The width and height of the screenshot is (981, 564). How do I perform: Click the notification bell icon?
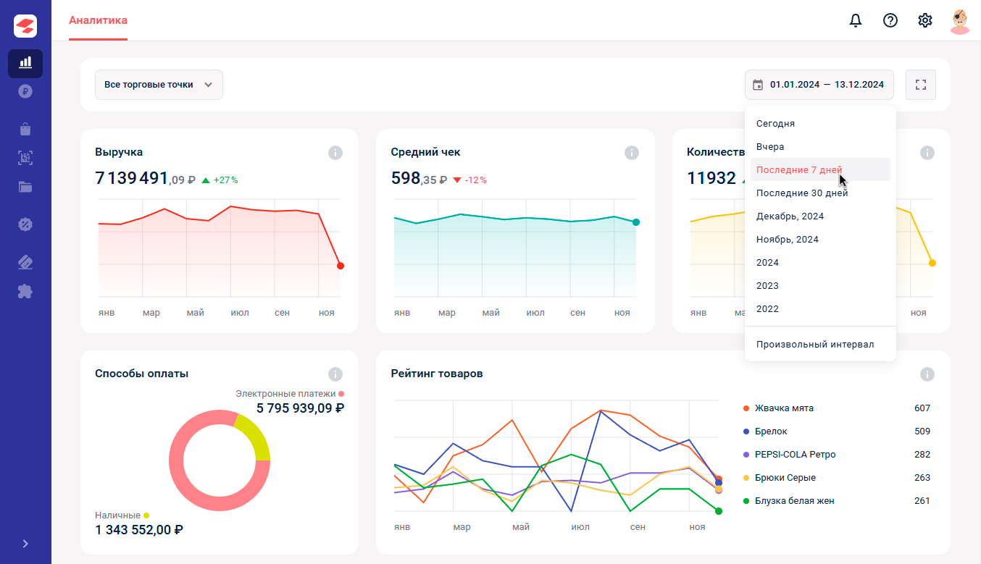pyautogui.click(x=856, y=20)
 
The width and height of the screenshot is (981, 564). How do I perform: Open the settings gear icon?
pyautogui.click(x=925, y=20)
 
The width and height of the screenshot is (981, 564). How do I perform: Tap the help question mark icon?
pyautogui.click(x=890, y=20)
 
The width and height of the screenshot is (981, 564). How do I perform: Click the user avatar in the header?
pyautogui.click(x=960, y=22)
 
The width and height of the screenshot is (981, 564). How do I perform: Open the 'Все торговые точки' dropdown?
pyautogui.click(x=159, y=85)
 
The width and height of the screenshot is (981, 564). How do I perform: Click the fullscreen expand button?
pyautogui.click(x=921, y=85)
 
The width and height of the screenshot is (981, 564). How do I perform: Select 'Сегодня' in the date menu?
pyautogui.click(x=776, y=123)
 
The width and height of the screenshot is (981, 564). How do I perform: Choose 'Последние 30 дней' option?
pyautogui.click(x=802, y=193)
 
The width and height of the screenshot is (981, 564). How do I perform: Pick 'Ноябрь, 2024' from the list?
pyautogui.click(x=788, y=240)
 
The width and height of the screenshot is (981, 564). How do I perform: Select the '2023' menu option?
pyautogui.click(x=767, y=286)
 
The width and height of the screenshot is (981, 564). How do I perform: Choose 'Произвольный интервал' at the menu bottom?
pyautogui.click(x=815, y=345)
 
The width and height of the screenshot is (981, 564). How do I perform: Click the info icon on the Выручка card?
pyautogui.click(x=335, y=153)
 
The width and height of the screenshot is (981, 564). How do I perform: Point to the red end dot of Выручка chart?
pyautogui.click(x=341, y=266)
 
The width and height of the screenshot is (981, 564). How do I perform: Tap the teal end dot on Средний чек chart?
pyautogui.click(x=636, y=222)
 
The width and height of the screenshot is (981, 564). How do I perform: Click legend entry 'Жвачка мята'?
pyautogui.click(x=785, y=408)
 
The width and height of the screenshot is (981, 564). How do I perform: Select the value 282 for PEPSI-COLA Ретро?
pyautogui.click(x=922, y=455)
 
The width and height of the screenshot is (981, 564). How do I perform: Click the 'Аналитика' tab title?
pyautogui.click(x=98, y=20)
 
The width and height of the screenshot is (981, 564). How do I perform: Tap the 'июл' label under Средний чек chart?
pyautogui.click(x=535, y=313)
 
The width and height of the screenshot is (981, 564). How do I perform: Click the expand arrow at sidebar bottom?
pyautogui.click(x=25, y=544)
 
